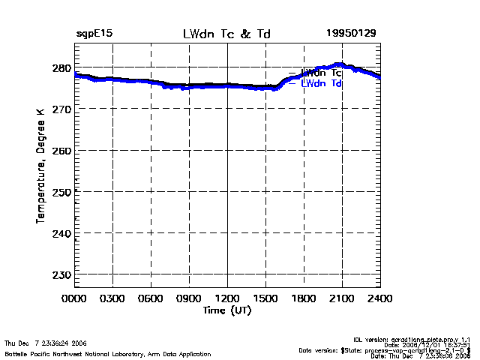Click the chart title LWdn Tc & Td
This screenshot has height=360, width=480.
[227, 34]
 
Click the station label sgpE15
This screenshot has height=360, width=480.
[94, 34]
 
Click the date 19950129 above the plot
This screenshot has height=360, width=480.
[351, 34]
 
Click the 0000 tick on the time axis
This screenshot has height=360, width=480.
[75, 299]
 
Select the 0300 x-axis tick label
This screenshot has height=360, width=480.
[113, 299]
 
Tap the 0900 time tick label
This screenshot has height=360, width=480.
[190, 299]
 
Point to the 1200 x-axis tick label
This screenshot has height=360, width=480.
[227, 299]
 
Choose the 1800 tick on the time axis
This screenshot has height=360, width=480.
[304, 299]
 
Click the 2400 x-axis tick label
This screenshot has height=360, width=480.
[379, 299]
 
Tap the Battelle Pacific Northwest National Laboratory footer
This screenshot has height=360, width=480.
[108, 353]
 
